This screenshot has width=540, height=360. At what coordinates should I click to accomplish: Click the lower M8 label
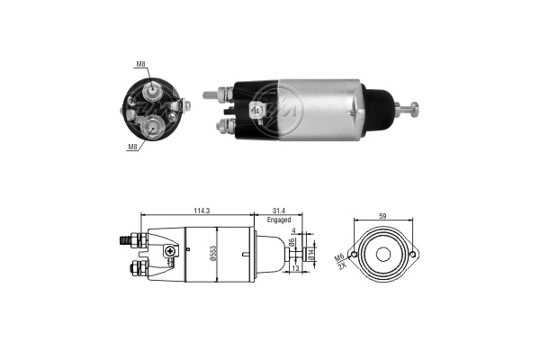(x=133, y=146)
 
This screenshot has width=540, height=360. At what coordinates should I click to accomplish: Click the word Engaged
(x=278, y=220)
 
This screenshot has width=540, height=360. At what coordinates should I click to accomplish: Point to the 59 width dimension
(x=383, y=216)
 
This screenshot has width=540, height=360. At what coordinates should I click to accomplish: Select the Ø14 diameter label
(x=312, y=255)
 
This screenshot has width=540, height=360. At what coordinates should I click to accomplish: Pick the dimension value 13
(x=296, y=268)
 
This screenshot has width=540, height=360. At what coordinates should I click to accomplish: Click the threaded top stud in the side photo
(x=213, y=92)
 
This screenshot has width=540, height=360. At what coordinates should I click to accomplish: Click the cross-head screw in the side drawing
(x=168, y=255)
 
